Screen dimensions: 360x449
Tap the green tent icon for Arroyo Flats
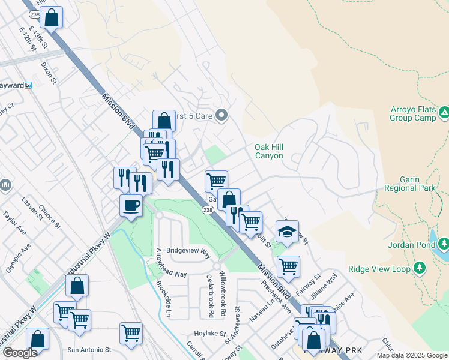tap(444, 112)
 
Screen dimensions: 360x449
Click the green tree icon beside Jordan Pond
tap(443, 244)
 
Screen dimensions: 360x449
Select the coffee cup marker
tap(131, 206)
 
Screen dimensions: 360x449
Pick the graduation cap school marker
tap(287, 231)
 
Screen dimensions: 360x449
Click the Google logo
tap(20, 353)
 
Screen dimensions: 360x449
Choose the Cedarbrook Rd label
tap(210, 296)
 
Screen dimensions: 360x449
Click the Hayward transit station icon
tap(28, 85)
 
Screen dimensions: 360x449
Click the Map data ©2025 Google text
tap(412, 355)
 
